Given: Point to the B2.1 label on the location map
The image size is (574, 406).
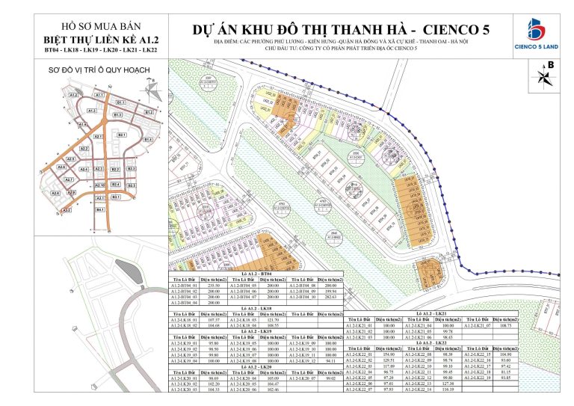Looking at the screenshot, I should [x=122, y=135].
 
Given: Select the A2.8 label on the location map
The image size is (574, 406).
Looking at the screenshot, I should [x=55, y=193].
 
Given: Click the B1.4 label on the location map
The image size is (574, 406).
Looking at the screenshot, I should [x=148, y=140].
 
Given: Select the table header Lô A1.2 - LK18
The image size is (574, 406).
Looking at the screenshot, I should [x=255, y=307].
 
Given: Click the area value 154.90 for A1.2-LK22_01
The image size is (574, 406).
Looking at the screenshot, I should [x=387, y=354].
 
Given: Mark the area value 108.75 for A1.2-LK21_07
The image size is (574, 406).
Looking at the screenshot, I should [x=508, y=326].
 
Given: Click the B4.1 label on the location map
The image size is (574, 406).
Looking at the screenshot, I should [x=99, y=210].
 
